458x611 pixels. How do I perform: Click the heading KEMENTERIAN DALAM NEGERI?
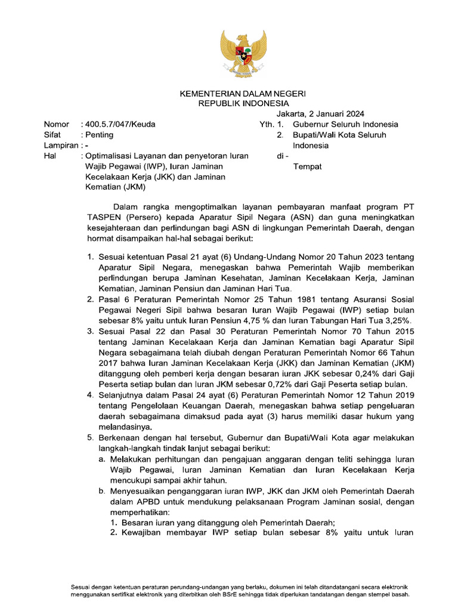[x=243, y=94]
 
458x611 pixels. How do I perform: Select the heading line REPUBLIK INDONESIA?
[x=243, y=103]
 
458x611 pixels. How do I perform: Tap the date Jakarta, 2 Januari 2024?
[x=320, y=114]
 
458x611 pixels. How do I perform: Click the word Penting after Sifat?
[x=99, y=135]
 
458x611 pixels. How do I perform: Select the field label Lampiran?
[x=61, y=146]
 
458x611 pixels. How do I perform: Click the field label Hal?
[x=50, y=156]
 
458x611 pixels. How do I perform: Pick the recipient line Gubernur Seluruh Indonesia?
[x=345, y=124]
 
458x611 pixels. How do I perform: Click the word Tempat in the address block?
[x=307, y=166]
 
